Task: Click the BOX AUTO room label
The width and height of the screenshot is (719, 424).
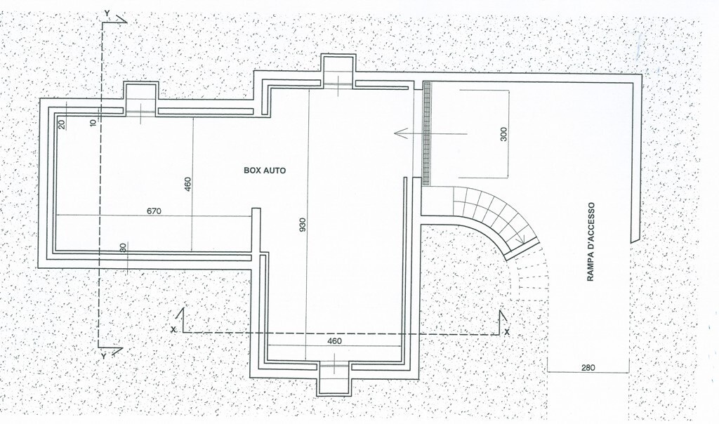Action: coord(265,171)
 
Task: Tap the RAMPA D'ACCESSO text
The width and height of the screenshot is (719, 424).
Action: coord(591,241)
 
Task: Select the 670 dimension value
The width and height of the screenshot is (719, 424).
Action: coord(154,211)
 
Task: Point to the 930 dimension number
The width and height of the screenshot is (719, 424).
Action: coord(303,225)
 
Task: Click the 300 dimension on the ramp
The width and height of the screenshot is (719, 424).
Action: coord(504,134)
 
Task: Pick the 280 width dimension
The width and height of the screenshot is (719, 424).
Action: coord(588,367)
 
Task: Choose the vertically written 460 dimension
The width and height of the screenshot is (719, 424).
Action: coord(187,185)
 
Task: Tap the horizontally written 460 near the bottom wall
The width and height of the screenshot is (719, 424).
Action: coord(334,341)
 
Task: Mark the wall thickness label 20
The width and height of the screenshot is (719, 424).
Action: coord(62,124)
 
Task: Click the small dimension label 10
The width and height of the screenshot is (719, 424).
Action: coord(94,122)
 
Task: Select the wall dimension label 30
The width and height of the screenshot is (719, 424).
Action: coord(122,248)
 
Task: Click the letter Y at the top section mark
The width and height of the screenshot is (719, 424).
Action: coord(107,13)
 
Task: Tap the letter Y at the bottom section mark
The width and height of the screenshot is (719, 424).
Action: coord(103,356)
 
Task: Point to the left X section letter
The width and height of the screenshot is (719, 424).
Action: coord(173,329)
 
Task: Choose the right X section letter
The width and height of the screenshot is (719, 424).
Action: coord(507,331)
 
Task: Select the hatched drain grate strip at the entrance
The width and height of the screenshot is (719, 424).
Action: coord(427,133)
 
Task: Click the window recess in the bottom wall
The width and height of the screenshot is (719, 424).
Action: coord(334,378)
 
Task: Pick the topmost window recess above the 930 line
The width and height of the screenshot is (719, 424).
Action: coord(338,71)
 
